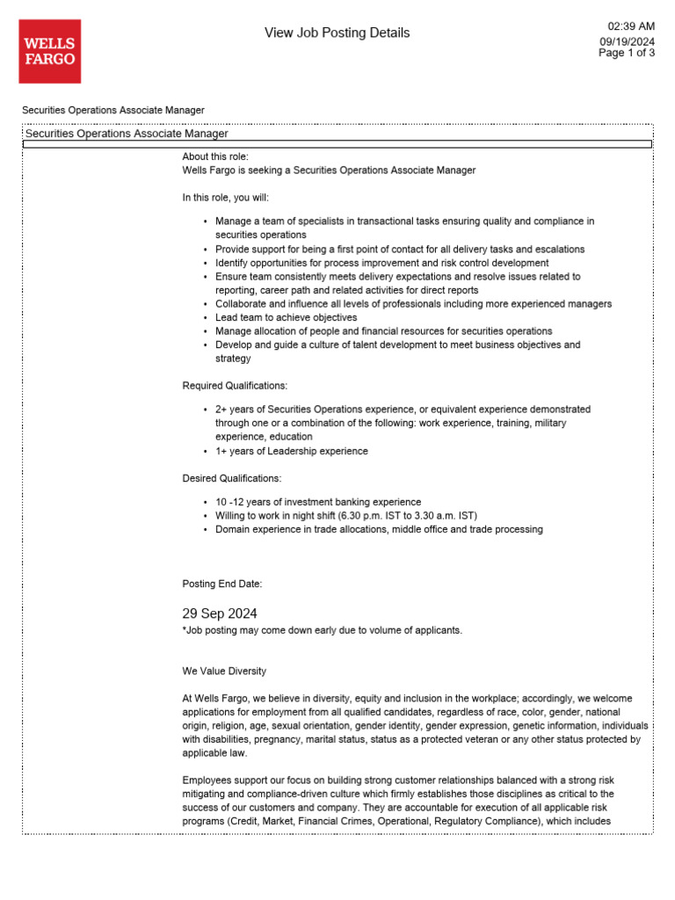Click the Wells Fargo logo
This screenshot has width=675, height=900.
click(49, 52)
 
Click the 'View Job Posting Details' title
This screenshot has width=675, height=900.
click(337, 33)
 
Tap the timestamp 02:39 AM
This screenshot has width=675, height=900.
click(631, 26)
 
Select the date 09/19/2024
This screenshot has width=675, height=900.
click(628, 41)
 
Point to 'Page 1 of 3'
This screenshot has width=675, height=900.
click(627, 53)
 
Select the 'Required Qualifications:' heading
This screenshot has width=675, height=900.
click(235, 386)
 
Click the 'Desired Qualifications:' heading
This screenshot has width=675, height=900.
click(232, 479)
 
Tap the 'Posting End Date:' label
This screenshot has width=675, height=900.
click(221, 584)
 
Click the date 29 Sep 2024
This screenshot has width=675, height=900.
click(220, 613)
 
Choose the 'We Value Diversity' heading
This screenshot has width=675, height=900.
click(224, 671)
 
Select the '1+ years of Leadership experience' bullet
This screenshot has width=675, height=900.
click(291, 451)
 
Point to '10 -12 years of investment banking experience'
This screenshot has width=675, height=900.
click(317, 502)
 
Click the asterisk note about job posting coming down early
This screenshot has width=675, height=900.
click(322, 630)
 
